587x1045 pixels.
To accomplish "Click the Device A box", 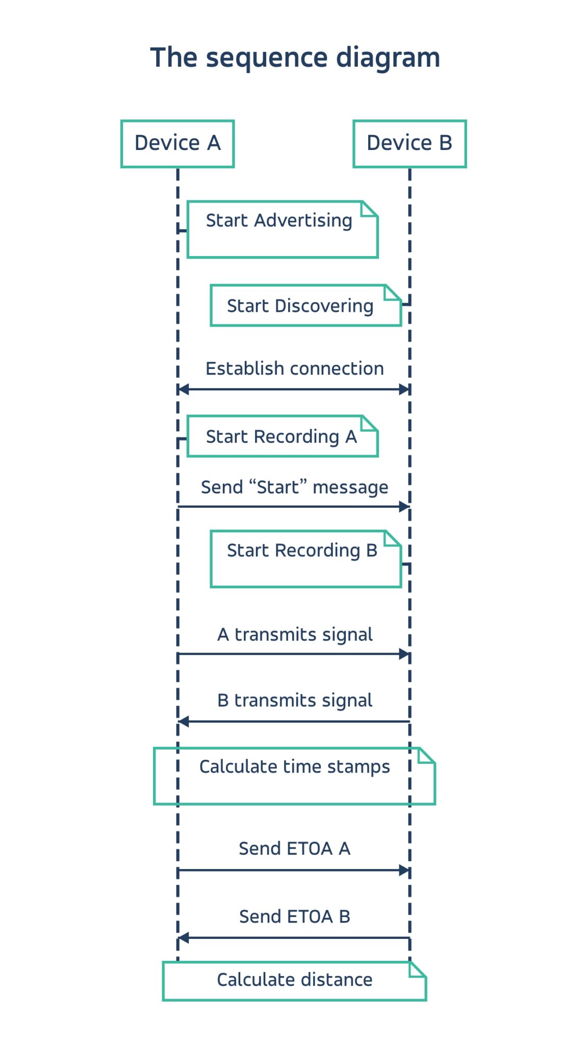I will (177, 144).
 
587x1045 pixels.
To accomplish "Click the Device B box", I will (410, 144).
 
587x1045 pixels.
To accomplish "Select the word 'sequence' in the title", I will (267, 58).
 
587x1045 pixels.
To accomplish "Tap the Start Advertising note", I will (282, 230).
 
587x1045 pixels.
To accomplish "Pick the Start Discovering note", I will (305, 306).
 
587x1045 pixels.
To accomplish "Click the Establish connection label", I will (294, 368).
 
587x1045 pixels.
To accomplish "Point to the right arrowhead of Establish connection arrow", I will (404, 389).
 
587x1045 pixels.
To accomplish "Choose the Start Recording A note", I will (282, 436).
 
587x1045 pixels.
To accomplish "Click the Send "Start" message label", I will (294, 487).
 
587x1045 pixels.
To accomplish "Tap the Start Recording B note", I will (305, 559).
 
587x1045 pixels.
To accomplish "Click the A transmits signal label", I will (294, 634).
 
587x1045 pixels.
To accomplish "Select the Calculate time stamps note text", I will (294, 766).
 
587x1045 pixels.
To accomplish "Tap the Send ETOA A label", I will (294, 849).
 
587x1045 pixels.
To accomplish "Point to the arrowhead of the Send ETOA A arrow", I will (404, 870).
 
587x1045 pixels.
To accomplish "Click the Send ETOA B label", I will (294, 916).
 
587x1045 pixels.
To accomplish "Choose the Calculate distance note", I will (294, 981).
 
